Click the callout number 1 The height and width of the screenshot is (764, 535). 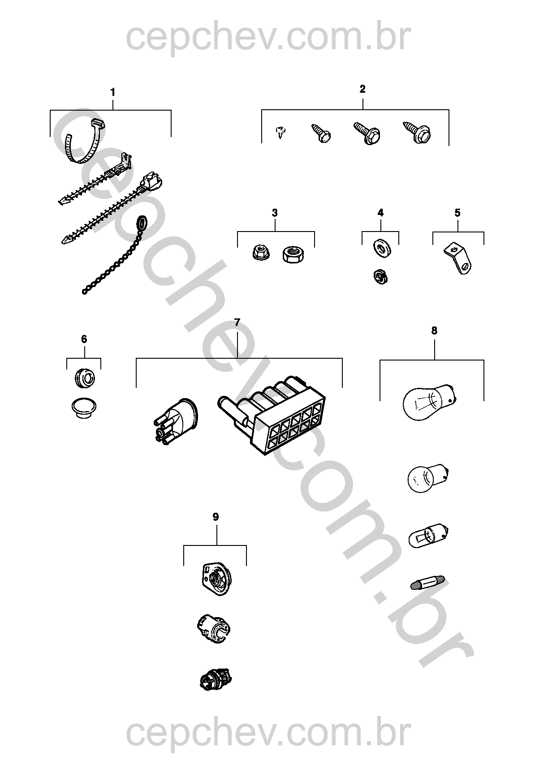tap(112, 92)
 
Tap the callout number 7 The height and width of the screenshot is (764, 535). tap(237, 322)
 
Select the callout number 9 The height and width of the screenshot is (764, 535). tap(216, 517)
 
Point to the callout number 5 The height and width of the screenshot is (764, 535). tap(457, 213)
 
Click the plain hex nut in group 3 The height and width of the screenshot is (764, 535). tap(293, 255)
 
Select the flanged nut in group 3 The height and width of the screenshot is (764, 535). tap(261, 253)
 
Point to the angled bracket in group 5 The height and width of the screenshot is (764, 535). tap(458, 258)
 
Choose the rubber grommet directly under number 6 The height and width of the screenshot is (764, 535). tap(84, 379)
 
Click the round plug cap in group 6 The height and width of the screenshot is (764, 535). tap(84, 408)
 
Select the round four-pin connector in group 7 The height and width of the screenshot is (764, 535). tap(175, 421)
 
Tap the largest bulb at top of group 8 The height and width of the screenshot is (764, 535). tap(430, 403)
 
